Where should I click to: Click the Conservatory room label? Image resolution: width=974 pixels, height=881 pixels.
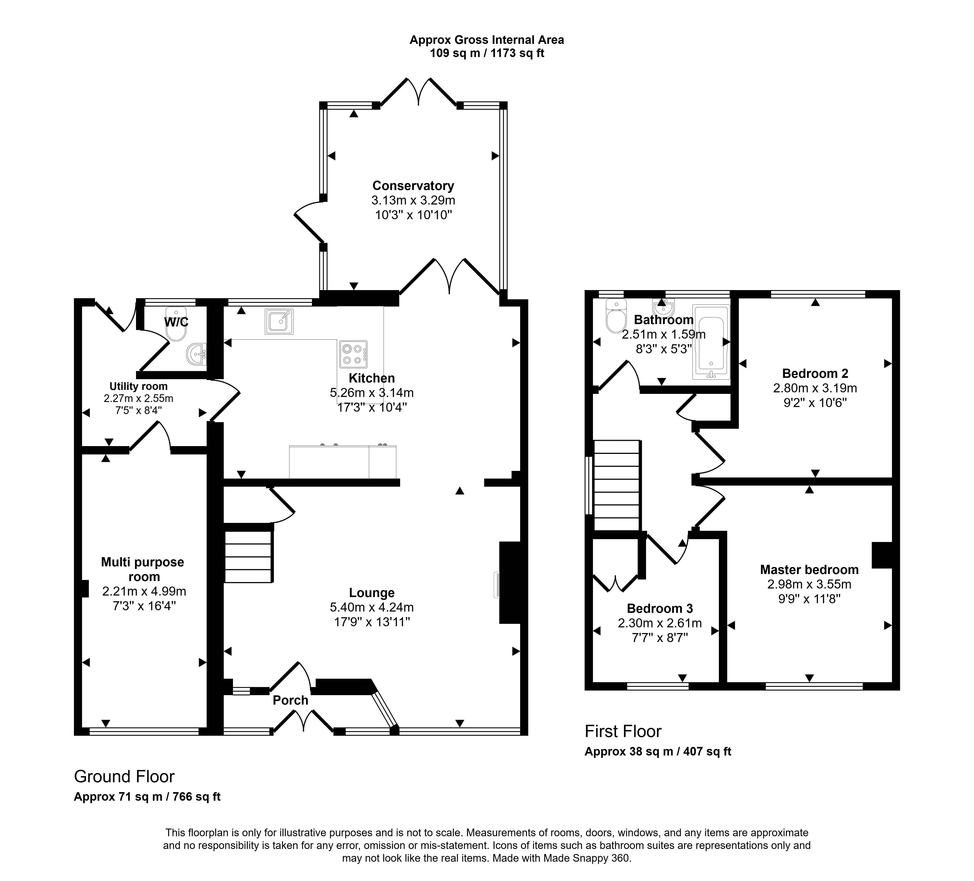click(413, 186)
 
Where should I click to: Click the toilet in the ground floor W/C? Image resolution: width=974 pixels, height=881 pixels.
click(176, 324)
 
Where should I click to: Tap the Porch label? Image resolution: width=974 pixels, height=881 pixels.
click(290, 700)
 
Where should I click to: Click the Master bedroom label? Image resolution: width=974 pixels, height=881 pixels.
click(809, 570)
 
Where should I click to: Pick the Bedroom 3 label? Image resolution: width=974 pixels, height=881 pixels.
click(660, 608)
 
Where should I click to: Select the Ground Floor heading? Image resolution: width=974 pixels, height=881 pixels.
click(124, 777)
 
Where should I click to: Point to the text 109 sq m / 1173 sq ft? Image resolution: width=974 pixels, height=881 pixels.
click(487, 53)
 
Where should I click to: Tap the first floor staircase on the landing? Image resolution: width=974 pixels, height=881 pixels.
click(617, 485)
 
